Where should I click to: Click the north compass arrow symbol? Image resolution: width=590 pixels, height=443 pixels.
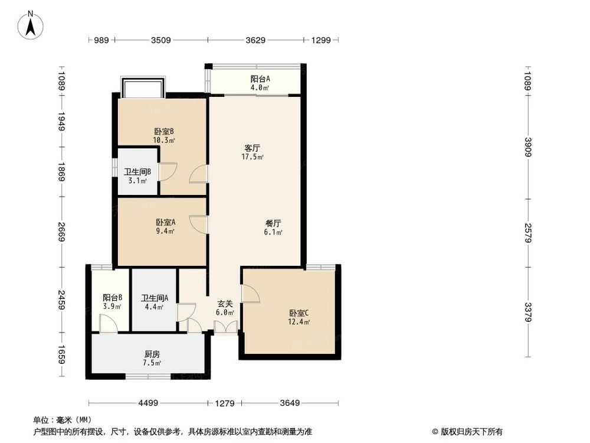tap(31, 26)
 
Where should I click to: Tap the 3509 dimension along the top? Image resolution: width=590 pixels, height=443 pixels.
tap(160, 40)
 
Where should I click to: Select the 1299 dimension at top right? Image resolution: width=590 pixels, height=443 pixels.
tap(321, 40)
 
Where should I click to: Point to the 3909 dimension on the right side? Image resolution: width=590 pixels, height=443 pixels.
tap(529, 147)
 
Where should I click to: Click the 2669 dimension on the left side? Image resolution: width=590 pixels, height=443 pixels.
tap(61, 232)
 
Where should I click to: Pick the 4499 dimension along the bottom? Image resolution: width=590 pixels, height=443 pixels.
tap(148, 403)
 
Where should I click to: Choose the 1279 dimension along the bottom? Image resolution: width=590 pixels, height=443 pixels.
tap(225, 403)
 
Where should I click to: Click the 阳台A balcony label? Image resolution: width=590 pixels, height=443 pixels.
tap(260, 79)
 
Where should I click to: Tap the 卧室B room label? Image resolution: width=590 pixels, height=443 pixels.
tap(163, 132)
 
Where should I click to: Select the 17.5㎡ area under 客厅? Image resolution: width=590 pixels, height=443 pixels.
tap(252, 157)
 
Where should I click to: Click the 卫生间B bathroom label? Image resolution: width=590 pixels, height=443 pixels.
tap(137, 172)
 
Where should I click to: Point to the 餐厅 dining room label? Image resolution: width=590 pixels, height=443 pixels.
tap(273, 223)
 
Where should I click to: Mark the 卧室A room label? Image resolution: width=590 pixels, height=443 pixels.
tap(166, 222)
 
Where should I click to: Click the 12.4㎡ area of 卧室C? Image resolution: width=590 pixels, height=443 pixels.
tap(299, 322)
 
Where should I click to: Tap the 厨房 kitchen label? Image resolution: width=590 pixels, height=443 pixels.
tap(152, 354)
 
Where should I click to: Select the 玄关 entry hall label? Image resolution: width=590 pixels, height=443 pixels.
tap(225, 304)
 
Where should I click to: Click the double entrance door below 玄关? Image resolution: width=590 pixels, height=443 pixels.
tap(225, 327)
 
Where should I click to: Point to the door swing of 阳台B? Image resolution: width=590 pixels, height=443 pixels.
tap(109, 324)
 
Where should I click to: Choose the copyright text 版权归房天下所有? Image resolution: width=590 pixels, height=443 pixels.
tap(471, 432)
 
